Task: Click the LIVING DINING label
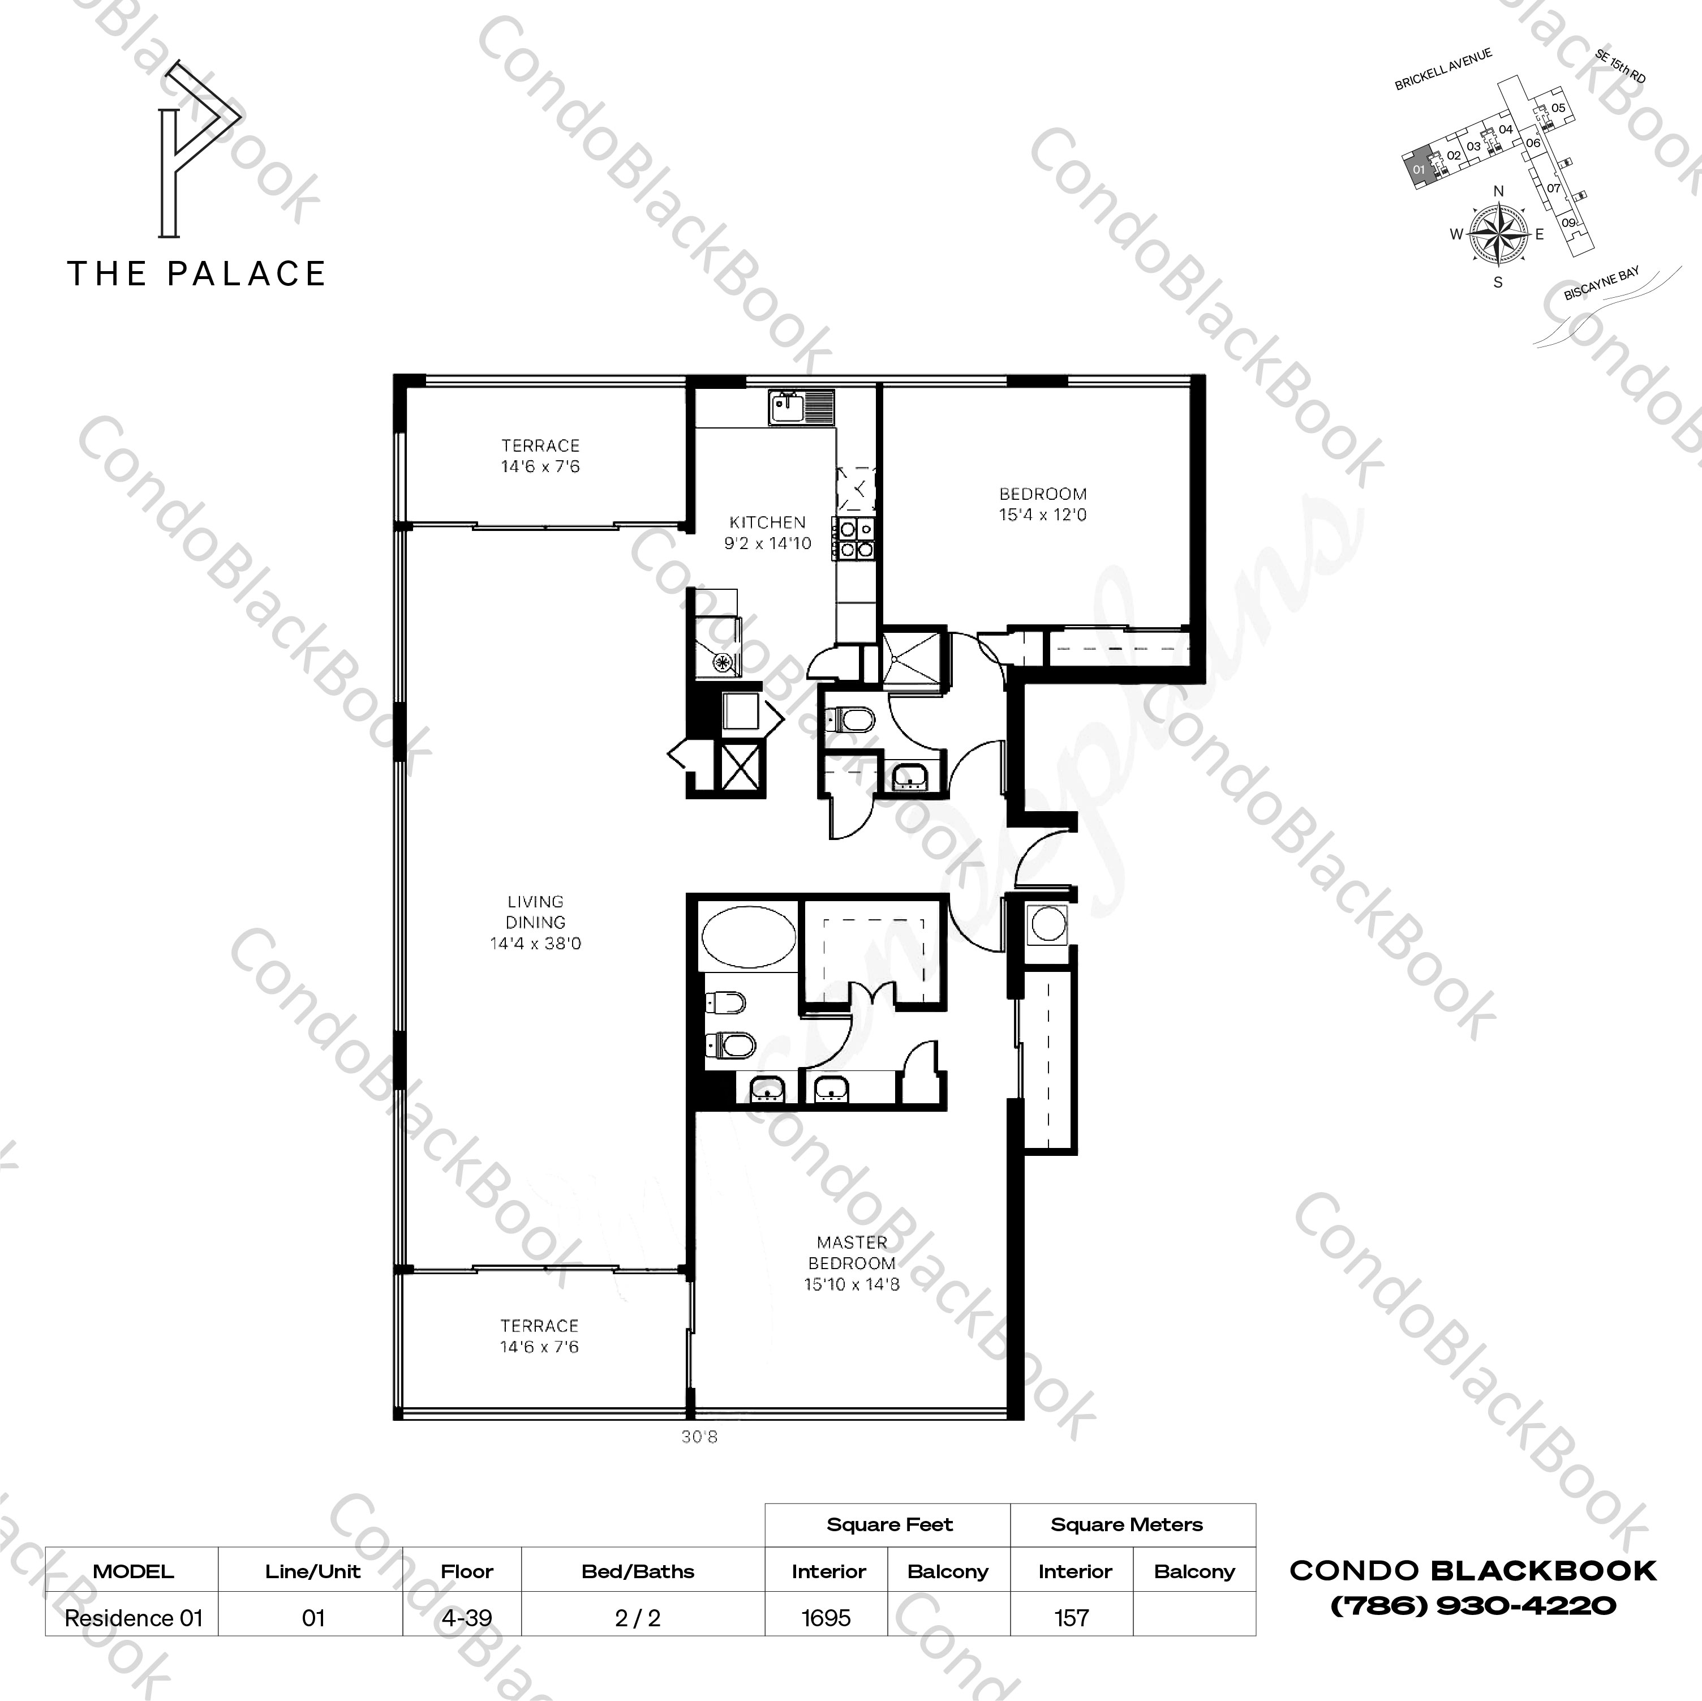536,922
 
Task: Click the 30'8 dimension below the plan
699,1437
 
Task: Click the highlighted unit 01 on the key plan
1417,168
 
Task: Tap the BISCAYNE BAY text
1602,284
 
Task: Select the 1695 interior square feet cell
826,1618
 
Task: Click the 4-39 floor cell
467,1618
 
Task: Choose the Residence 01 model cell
134,1618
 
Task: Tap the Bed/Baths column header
638,1571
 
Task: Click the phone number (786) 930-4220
1473,1606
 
